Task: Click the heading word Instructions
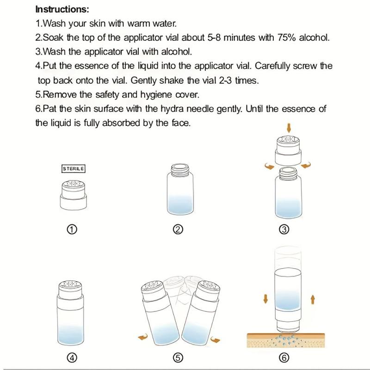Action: coord(62,9)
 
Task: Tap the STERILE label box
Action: coord(73,169)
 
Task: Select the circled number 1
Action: coord(72,229)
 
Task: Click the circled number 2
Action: coord(178,229)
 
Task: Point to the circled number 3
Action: coord(284,229)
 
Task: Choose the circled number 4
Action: coord(72,358)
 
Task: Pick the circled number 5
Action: coord(178,358)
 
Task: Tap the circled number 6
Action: coord(284,358)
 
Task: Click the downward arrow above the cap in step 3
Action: coord(289,128)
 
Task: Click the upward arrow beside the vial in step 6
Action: coord(313,299)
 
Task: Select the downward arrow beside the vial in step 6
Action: coord(265,299)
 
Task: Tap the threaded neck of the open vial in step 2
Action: coord(180,170)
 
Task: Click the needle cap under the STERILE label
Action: coord(73,195)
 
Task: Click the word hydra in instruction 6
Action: coord(172,109)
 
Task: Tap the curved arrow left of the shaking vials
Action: coord(143,337)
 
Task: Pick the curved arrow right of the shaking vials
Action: coord(215,339)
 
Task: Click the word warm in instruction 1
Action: coord(138,24)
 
